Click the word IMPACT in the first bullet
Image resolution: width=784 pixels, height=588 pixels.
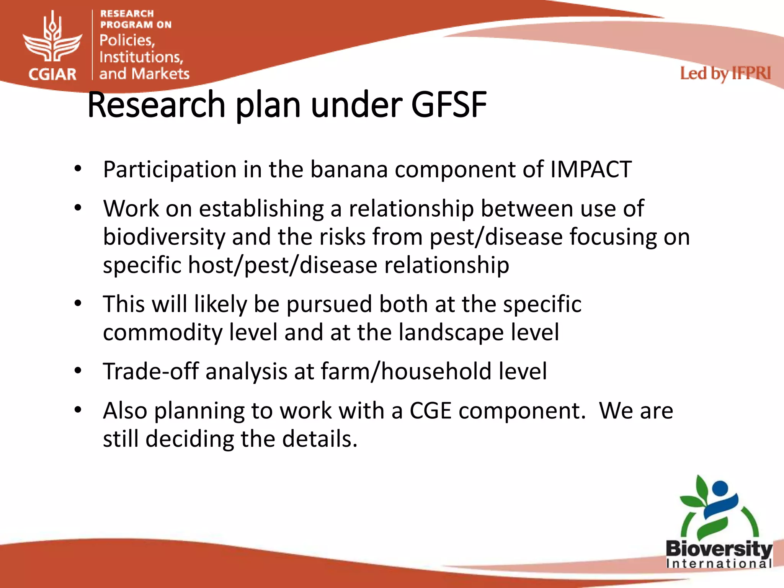591,169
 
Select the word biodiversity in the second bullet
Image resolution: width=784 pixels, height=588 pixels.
164,237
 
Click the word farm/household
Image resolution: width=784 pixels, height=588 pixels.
406,371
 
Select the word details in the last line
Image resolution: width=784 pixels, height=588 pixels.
319,439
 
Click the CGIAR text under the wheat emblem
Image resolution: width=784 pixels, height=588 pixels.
52,74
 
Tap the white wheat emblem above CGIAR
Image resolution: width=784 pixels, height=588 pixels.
52,38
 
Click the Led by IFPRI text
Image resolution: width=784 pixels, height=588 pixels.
725,73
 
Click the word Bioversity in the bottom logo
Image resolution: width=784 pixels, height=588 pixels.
719,549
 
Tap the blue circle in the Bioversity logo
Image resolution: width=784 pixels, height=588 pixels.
720,488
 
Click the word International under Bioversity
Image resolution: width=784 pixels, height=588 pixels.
719,563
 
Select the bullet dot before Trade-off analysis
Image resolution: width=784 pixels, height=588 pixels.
78,371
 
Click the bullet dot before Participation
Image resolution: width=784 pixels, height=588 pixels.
78,168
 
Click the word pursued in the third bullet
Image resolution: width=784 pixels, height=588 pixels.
329,304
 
